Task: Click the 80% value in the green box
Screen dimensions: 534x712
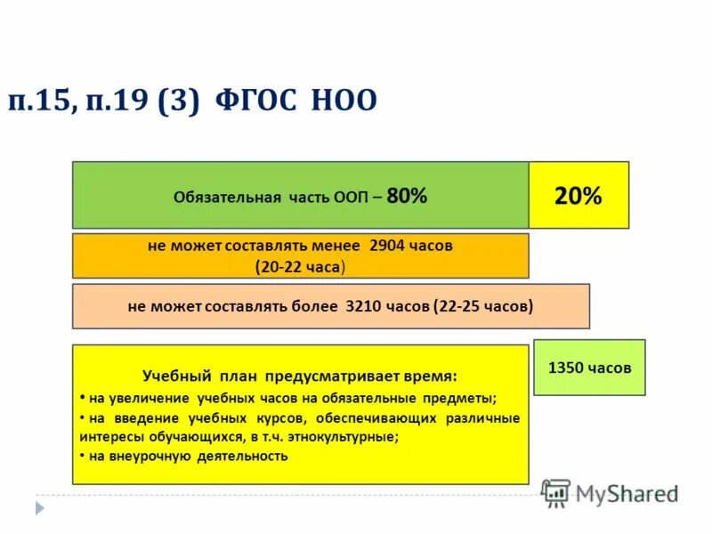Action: coord(407,197)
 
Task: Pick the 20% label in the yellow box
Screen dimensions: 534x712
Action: coord(578,197)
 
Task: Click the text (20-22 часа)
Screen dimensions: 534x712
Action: coord(300,266)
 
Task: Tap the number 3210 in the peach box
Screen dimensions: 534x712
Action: coord(360,306)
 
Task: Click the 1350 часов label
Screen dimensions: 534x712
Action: coord(589,367)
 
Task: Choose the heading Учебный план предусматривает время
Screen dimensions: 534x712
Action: coord(300,376)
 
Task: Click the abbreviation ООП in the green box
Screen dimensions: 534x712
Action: coord(347,198)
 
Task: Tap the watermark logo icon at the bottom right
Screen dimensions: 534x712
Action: coord(556,493)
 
